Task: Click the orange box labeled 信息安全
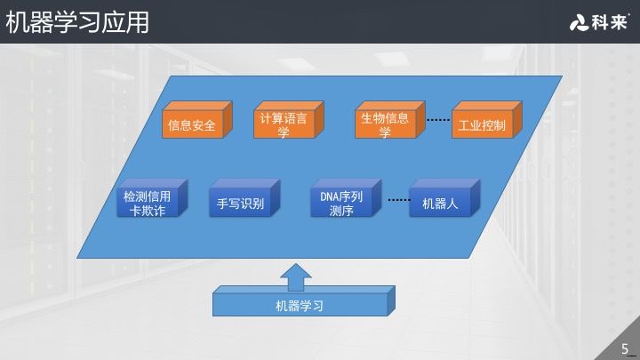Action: [192, 125]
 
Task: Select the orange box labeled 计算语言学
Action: [284, 125]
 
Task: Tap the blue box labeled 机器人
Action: [440, 204]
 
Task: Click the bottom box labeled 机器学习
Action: [299, 307]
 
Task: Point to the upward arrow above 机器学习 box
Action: [296, 276]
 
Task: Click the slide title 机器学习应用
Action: [77, 21]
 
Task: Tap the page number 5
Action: [625, 348]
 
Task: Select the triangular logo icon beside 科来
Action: [579, 23]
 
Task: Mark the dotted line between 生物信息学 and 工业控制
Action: [438, 119]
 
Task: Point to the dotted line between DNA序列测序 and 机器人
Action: [398, 199]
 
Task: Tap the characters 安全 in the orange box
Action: [204, 125]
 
